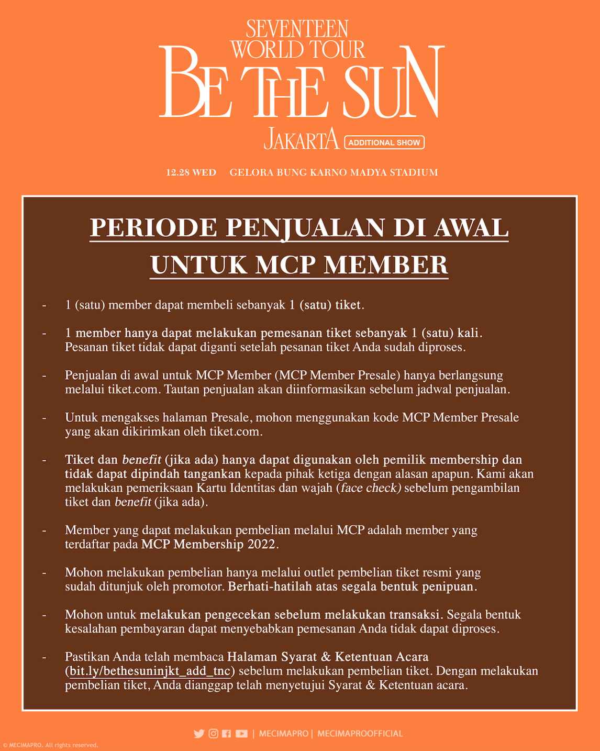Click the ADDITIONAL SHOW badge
click(x=384, y=142)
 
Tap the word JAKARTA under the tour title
click(x=301, y=139)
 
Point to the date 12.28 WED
click(x=191, y=172)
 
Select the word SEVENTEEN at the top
click(x=297, y=28)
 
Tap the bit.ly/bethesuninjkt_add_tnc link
click(x=150, y=671)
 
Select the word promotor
click(x=198, y=587)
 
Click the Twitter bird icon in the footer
click(x=199, y=734)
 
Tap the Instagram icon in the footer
click(x=213, y=734)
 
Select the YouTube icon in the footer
click(x=241, y=734)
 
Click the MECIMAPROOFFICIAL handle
click(x=360, y=734)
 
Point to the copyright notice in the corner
click(x=50, y=745)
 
